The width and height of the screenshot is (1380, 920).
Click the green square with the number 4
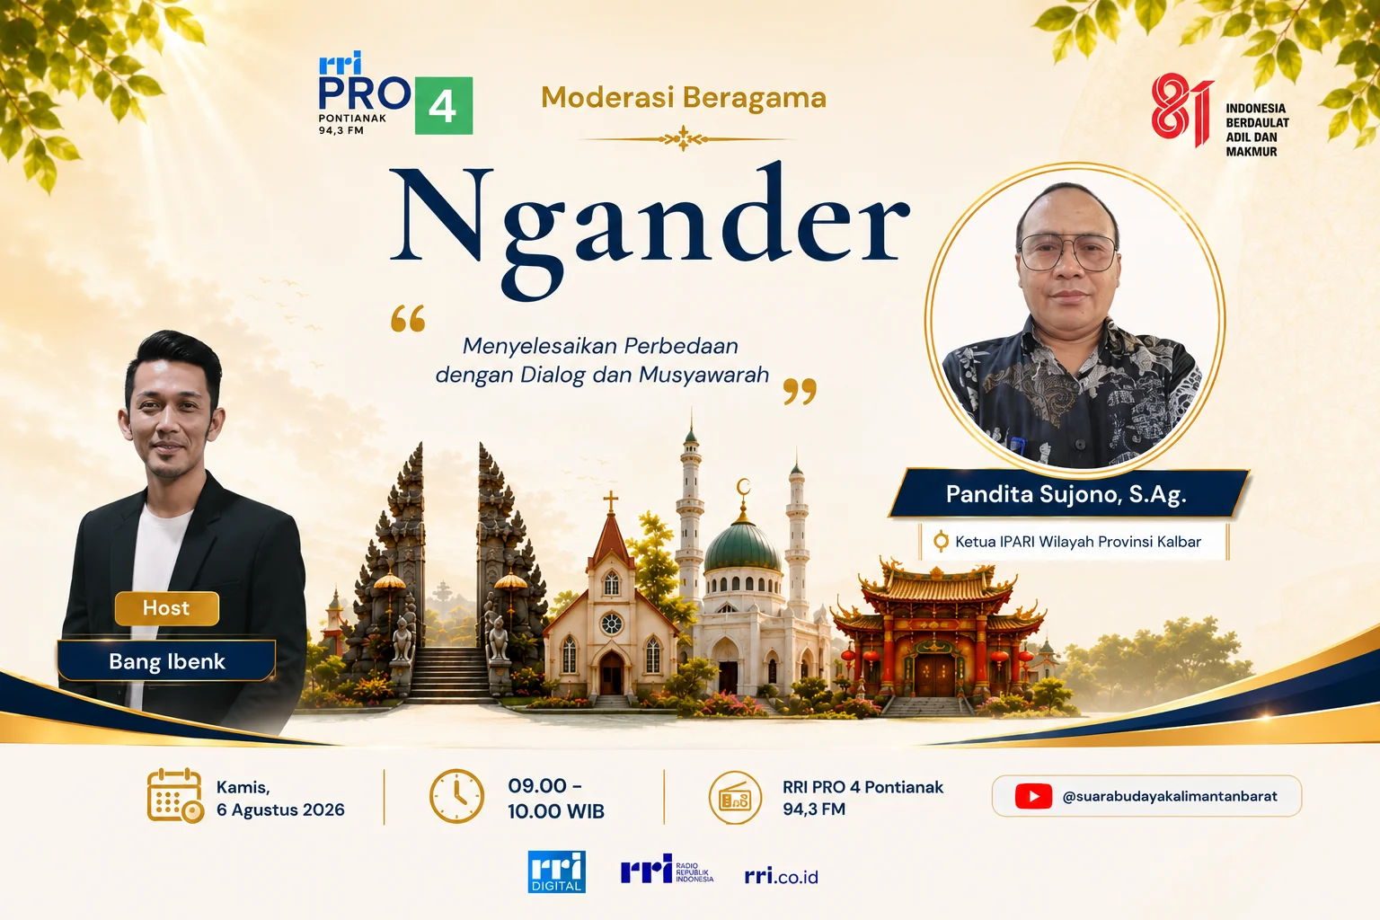click(444, 105)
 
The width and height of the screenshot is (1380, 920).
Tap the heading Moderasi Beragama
click(683, 98)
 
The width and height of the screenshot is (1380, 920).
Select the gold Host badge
click(166, 608)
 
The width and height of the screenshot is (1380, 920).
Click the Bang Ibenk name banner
click(167, 661)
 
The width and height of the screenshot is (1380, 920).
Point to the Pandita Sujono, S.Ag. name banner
click(1067, 494)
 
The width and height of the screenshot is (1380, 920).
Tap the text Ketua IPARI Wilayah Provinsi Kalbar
click(1078, 542)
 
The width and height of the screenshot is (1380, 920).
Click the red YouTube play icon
click(1033, 796)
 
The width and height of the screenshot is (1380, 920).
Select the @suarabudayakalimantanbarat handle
click(1169, 796)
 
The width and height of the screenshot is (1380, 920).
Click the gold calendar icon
click(175, 795)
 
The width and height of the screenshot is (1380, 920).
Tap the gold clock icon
click(456, 796)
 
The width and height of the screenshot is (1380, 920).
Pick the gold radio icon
click(735, 798)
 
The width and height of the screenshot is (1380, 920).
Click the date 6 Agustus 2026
click(280, 809)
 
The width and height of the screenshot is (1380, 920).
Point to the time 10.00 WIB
click(556, 811)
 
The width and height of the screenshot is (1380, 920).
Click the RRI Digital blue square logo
click(557, 872)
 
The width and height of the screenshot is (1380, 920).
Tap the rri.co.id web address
click(781, 876)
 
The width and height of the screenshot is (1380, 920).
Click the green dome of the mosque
click(742, 546)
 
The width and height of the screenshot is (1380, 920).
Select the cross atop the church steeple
click(611, 501)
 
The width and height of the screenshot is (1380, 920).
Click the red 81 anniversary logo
click(1181, 110)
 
